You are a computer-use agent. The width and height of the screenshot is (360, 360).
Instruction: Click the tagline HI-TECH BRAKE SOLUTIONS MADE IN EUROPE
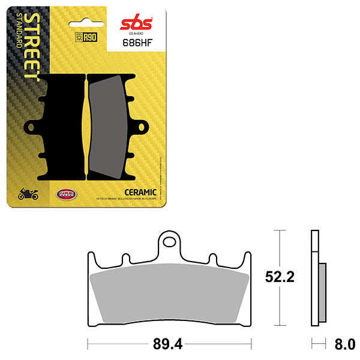[127, 199]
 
